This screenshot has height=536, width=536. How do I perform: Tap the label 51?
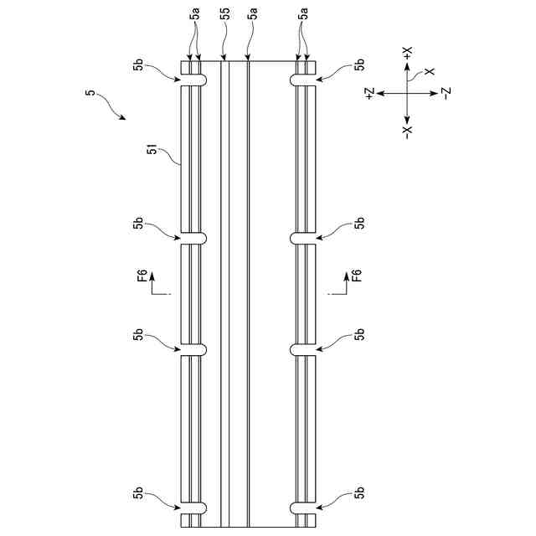click(153, 151)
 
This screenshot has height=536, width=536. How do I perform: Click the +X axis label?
click(408, 53)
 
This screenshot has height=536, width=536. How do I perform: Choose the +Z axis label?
click(369, 93)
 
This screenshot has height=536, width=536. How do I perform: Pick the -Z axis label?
click(447, 93)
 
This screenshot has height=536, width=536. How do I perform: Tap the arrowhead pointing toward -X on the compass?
click(408, 118)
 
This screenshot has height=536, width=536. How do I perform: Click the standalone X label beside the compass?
click(430, 73)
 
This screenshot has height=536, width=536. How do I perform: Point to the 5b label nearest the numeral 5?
click(137, 64)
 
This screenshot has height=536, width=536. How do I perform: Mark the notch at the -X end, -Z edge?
click(303, 507)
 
